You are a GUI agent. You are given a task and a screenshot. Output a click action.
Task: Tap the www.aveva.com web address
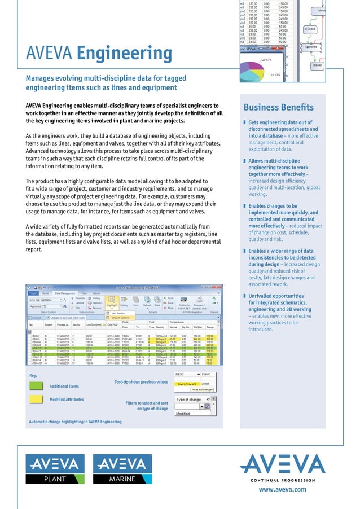[x=282, y=489]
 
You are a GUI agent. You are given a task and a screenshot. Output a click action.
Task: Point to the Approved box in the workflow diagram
[x=311, y=47]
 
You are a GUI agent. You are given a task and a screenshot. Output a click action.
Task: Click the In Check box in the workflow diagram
[x=310, y=28]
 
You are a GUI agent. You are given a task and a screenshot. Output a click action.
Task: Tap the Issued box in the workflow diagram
[x=317, y=65]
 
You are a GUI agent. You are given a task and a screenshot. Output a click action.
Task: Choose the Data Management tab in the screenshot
[x=65, y=293]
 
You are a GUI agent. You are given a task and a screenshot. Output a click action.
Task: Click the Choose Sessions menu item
[x=121, y=318]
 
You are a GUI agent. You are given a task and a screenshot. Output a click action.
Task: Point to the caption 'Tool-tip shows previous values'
[x=141, y=382]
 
